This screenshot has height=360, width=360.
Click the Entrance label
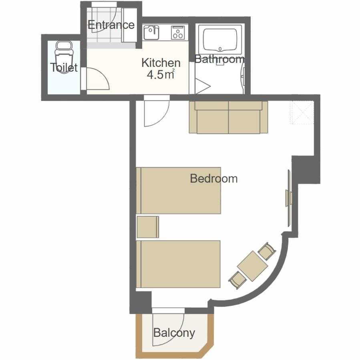click(111, 25)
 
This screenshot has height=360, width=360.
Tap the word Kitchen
click(161, 63)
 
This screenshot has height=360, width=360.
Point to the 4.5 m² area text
click(161, 74)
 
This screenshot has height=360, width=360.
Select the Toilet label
click(64, 68)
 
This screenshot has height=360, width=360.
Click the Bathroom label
click(219, 59)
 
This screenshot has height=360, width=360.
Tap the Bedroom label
click(214, 179)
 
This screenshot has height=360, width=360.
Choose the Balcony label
click(174, 333)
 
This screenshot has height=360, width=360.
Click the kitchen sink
click(151, 32)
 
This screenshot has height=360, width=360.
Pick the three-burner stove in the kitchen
click(178, 32)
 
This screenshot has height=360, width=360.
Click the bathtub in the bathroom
click(220, 40)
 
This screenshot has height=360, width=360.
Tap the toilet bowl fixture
click(64, 56)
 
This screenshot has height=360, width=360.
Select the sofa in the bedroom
click(228, 117)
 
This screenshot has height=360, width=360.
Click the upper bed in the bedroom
click(179, 191)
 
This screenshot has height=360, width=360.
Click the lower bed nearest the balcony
click(178, 264)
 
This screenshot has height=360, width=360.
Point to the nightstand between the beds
click(148, 227)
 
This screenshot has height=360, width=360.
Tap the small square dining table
click(253, 266)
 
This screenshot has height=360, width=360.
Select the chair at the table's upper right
click(267, 251)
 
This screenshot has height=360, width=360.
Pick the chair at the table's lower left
click(237, 280)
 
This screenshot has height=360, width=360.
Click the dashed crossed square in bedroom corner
click(303, 113)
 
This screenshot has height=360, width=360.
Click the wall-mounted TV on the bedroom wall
click(289, 198)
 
